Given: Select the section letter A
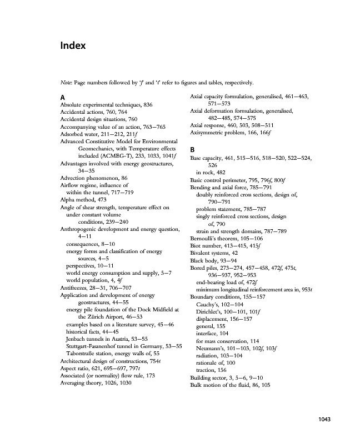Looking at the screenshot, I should click(63, 97).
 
